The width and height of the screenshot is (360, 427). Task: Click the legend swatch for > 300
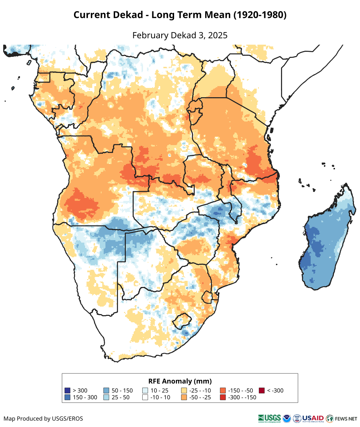67,391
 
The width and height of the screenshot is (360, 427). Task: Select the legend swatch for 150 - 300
67,397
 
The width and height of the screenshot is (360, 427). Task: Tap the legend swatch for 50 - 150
106,391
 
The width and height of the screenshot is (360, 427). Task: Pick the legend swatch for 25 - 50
106,397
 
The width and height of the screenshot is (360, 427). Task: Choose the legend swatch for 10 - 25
145,391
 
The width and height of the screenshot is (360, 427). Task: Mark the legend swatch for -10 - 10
145,397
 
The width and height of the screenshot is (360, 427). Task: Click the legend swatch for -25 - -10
184,391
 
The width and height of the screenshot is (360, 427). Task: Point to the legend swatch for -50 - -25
184,397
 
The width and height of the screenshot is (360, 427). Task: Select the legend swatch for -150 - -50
223,391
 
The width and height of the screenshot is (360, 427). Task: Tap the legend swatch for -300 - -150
223,397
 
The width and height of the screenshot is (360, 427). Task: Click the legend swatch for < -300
262,391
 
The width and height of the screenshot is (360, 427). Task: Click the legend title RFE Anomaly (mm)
180,381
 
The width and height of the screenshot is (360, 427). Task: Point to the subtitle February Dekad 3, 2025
180,35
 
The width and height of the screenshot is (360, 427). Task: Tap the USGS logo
269,418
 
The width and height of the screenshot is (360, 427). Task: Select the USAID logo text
313,418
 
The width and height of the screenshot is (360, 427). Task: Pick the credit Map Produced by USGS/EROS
43,418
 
